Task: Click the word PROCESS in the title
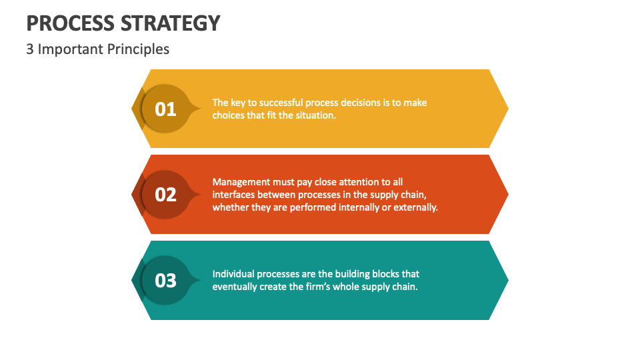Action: point(69,23)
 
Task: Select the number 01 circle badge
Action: point(165,108)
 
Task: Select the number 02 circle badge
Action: point(165,194)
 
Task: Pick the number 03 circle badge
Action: point(165,280)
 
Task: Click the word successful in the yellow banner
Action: point(275,103)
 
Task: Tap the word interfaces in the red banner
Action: point(233,194)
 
